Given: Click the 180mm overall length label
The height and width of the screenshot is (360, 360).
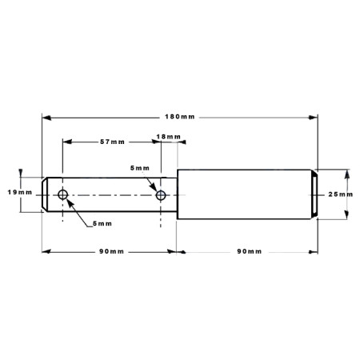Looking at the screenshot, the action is click(180, 117).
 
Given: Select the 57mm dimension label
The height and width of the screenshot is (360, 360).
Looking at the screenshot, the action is click(112, 142).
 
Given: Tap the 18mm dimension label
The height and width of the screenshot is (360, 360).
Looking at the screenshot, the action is click(168, 137).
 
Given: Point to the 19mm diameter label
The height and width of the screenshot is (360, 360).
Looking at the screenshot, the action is click(20, 192).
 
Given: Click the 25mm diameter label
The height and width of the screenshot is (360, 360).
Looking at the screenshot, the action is click(341, 194).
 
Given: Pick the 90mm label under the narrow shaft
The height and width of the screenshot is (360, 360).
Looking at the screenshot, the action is click(111, 251).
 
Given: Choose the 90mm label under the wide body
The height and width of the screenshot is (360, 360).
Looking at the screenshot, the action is click(250, 251).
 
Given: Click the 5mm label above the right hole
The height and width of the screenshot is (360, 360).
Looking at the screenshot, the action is click(140, 168).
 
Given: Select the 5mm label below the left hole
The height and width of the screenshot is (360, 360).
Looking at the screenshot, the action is click(102, 223).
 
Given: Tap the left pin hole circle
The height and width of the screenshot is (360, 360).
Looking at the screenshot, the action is click(62, 190).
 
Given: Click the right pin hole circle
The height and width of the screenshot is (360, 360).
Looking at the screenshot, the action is click(161, 190).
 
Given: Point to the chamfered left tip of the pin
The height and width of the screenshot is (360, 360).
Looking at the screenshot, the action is click(45, 194).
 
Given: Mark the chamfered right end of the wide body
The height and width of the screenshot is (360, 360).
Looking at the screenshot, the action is click(314, 194).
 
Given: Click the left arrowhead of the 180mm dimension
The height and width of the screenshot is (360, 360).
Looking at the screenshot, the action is click(46, 118).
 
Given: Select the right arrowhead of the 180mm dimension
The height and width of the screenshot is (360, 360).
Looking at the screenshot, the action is click(313, 118).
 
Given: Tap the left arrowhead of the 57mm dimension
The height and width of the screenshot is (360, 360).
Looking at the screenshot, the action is click(67, 142).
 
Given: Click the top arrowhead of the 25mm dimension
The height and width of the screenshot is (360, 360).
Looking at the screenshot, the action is click(347, 174).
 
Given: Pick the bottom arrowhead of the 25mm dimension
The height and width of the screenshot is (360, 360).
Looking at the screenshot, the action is click(346, 214).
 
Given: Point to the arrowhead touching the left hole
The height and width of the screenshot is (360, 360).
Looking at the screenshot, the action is click(70, 203).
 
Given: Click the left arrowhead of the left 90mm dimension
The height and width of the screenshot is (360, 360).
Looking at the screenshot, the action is click(46, 251).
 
